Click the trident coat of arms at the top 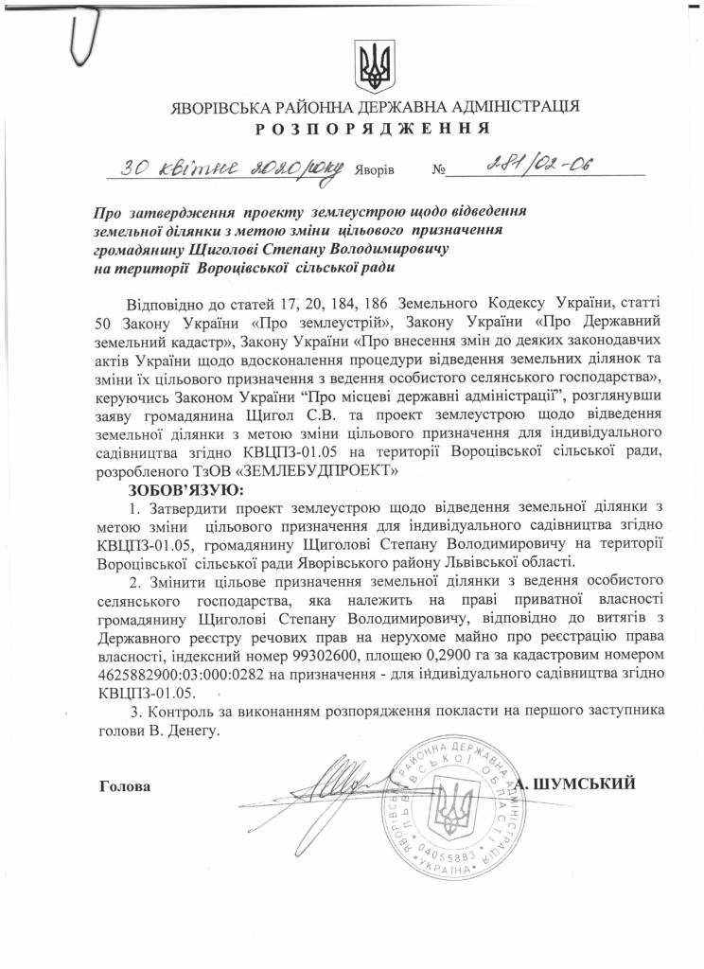[369, 63]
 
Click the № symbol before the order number [439, 173]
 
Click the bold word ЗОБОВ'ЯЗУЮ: [185, 490]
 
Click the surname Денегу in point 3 [194, 731]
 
